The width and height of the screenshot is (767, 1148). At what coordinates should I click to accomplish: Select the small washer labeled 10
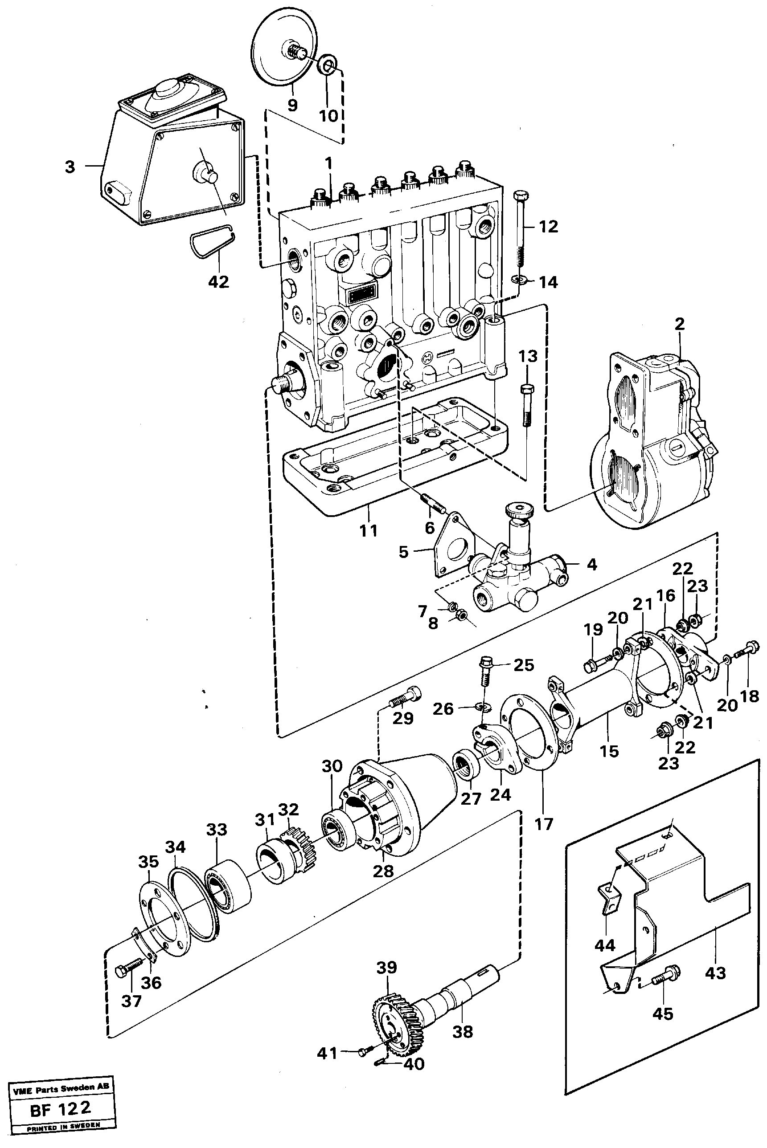coord(328,65)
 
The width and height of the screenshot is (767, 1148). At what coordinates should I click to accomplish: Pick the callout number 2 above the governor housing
coord(680,324)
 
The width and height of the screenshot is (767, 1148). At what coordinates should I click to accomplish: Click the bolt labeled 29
coord(405,697)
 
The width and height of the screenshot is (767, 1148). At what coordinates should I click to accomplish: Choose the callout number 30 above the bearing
coord(332,766)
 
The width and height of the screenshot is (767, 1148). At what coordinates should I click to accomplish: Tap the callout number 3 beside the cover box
coord(70,167)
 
